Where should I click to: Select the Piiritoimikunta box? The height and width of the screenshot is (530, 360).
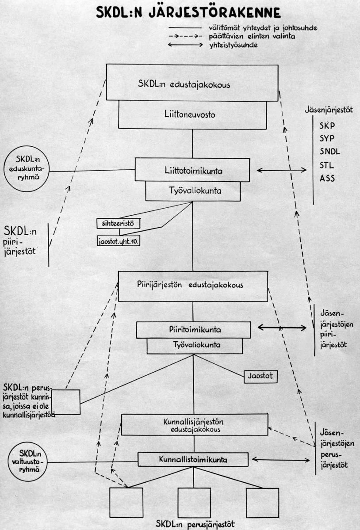tap(193, 329)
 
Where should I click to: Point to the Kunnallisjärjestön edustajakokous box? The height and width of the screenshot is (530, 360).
tap(195, 425)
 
